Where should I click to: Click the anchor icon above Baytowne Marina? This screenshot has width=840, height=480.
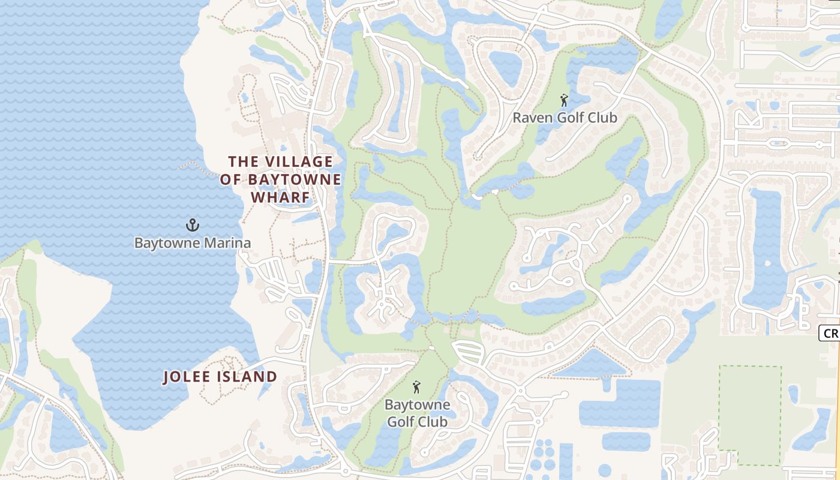192,226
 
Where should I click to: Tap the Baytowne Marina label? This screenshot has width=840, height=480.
192,243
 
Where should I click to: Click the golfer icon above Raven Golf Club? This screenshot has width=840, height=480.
563,100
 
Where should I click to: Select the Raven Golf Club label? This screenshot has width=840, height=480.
564,118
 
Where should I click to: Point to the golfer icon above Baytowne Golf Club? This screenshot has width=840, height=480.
416,387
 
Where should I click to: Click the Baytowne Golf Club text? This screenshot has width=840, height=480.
416,413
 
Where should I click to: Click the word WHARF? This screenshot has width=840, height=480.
280,197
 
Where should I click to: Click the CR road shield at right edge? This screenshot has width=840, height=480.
830,333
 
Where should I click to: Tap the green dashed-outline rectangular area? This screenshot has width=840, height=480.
750,414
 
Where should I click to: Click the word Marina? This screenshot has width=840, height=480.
227,243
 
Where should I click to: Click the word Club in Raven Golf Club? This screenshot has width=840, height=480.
601,118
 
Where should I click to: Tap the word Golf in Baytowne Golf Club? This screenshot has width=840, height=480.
402,422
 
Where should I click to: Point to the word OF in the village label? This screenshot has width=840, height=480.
229,179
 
